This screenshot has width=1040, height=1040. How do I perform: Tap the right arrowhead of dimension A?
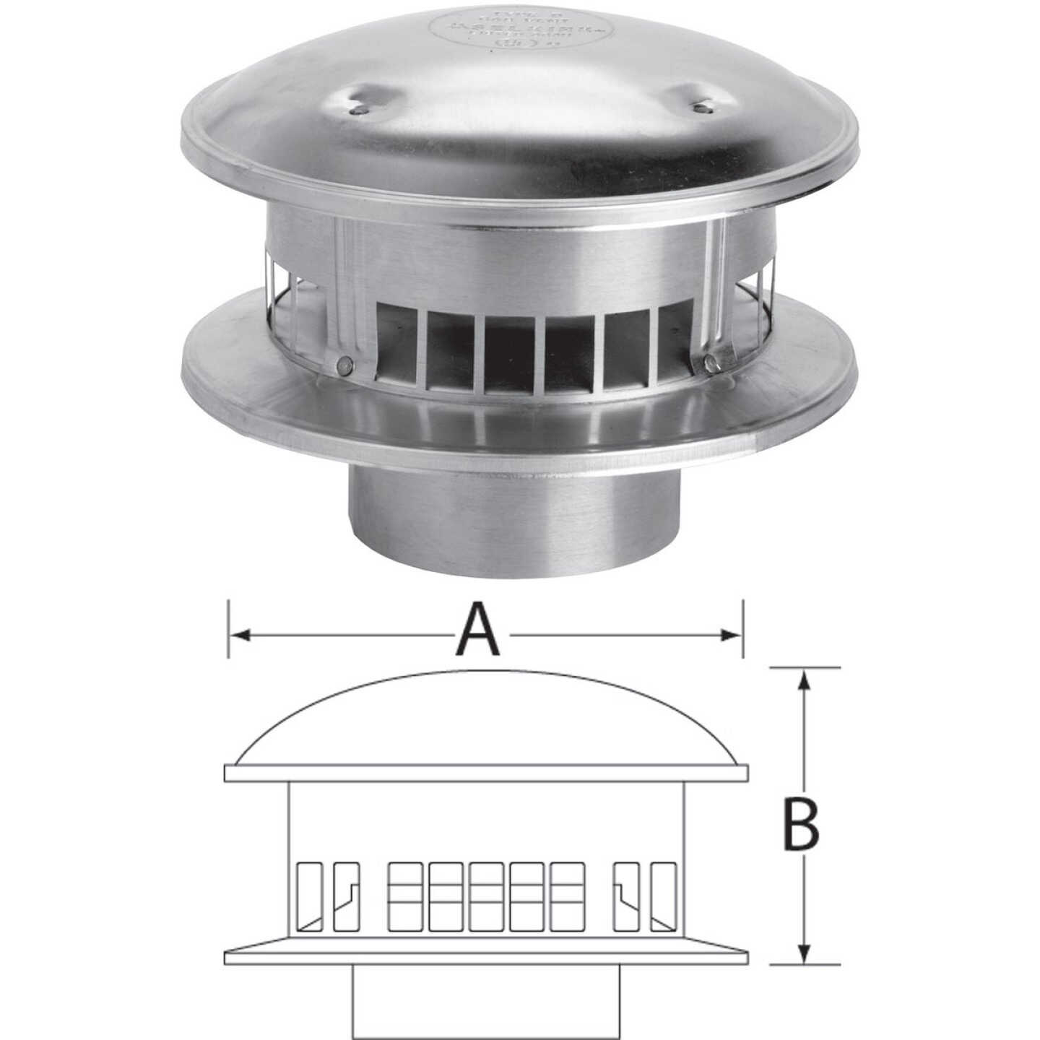click(732, 635)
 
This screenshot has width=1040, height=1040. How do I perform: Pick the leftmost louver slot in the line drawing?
click(311, 896)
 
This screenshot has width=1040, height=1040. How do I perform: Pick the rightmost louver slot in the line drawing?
click(663, 896)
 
